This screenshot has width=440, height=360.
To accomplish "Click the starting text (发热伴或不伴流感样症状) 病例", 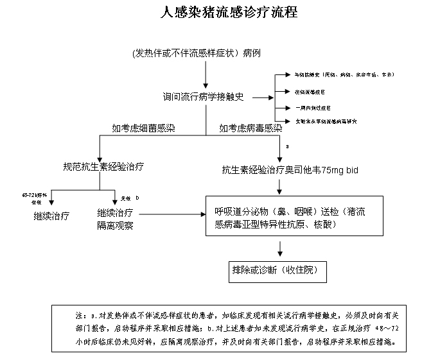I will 196,53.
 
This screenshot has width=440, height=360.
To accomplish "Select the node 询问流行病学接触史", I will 203,98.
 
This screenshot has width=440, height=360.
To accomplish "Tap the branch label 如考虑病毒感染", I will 251,128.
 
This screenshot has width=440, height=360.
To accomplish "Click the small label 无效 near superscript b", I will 125,198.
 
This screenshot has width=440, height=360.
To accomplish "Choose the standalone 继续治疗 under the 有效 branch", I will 51,216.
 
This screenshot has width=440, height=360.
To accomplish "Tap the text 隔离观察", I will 115,225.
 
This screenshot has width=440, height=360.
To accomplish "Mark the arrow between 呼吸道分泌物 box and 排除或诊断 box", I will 279,249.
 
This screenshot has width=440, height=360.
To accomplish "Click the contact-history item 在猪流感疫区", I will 312,92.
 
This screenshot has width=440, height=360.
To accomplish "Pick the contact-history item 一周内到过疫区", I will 312,107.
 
